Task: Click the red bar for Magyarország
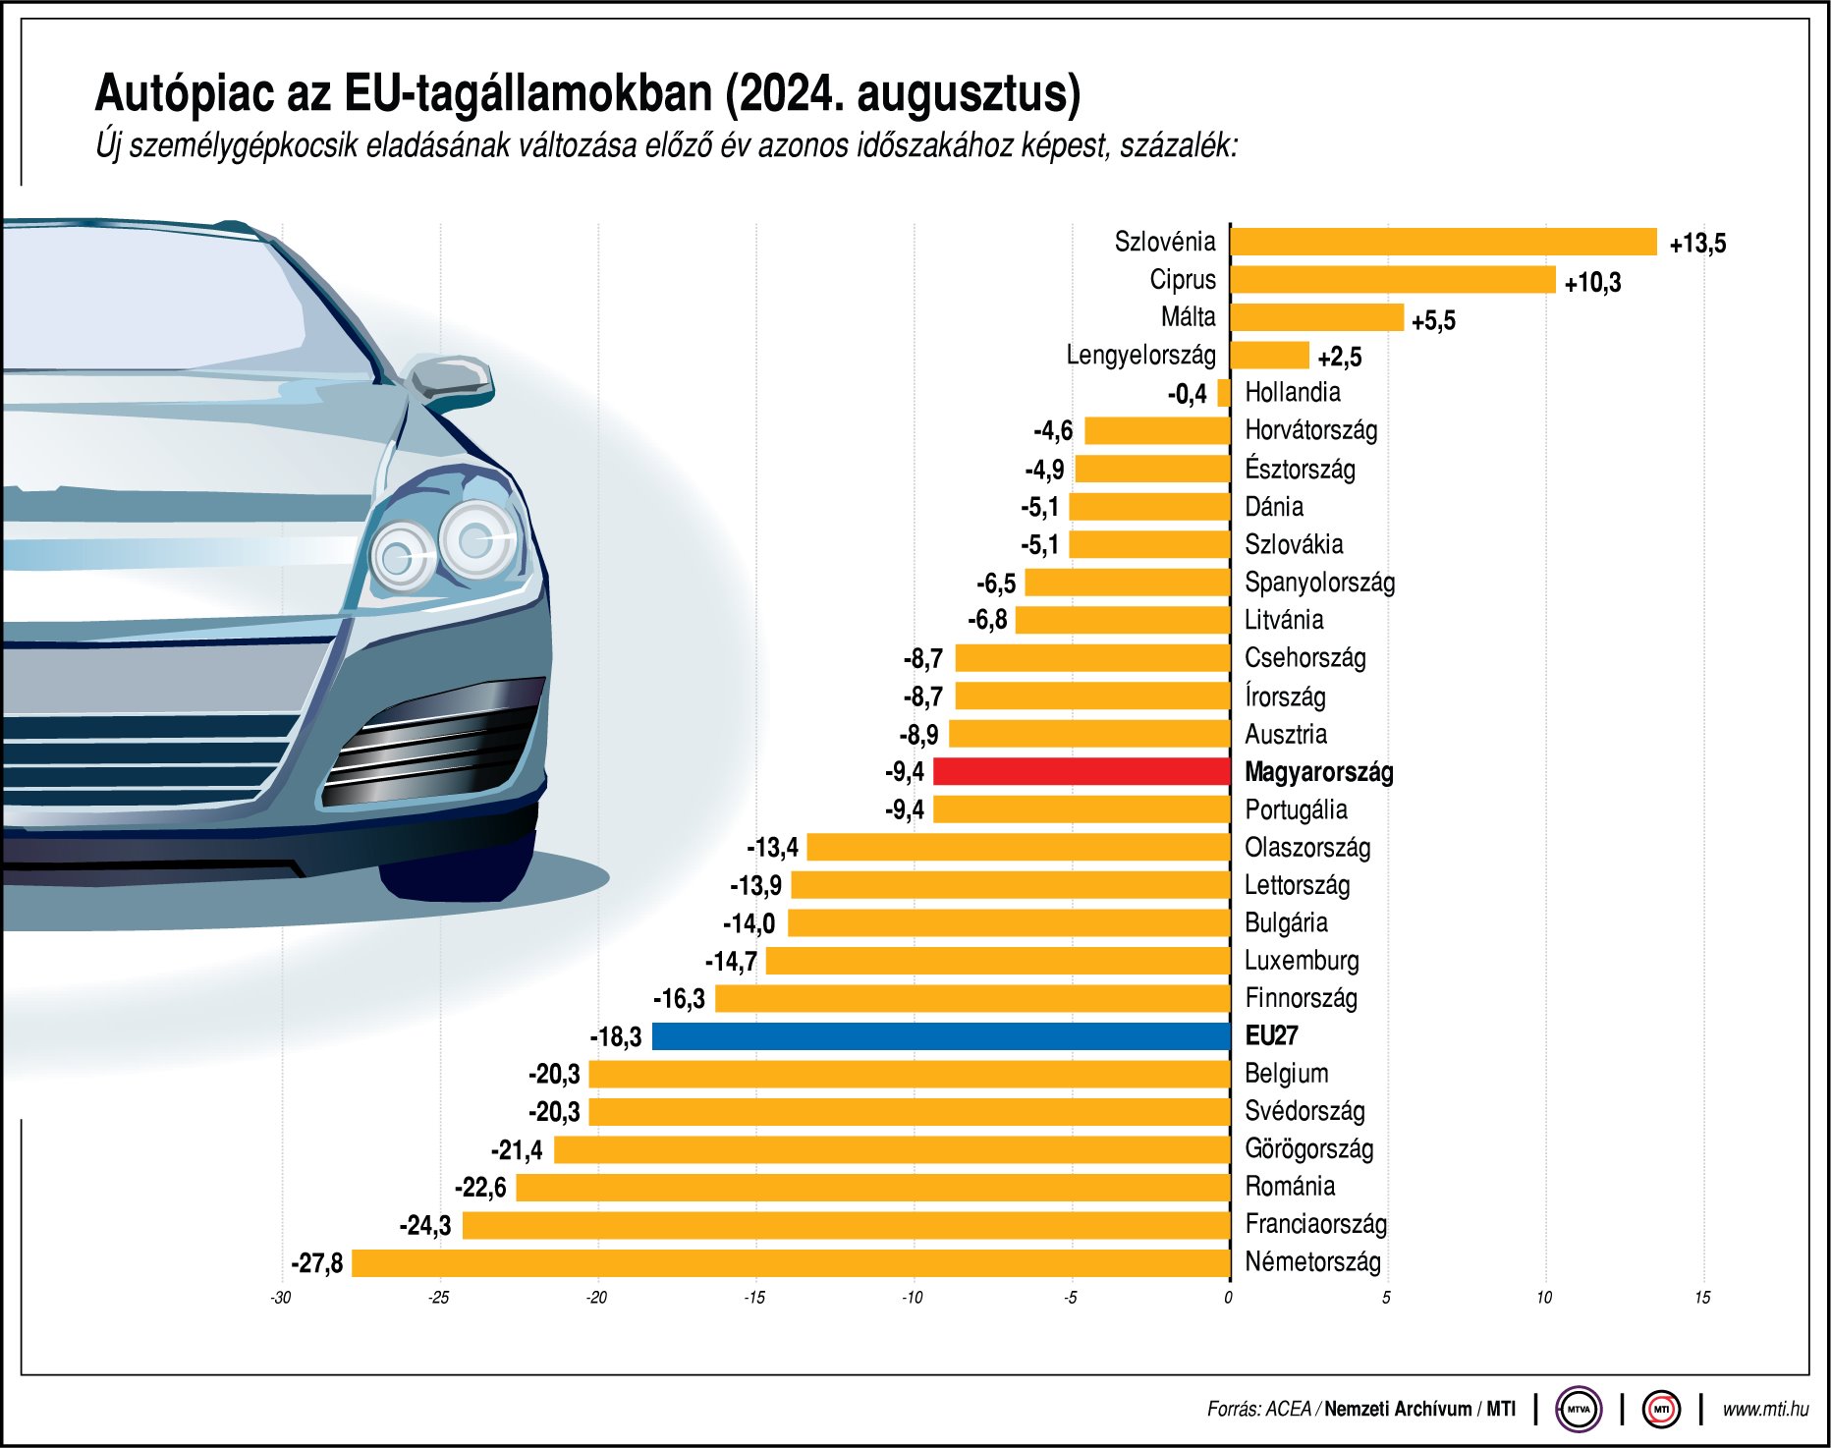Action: point(1081,771)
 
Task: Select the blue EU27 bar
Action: point(941,1036)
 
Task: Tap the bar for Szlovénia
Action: point(1442,242)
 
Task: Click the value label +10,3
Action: point(1592,283)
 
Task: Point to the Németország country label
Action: point(1312,1262)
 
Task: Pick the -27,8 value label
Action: point(317,1263)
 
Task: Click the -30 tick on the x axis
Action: point(281,1298)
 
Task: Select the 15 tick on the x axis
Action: point(1701,1298)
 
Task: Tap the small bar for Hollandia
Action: point(1223,393)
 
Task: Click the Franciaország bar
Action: point(846,1225)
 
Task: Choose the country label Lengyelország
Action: point(1140,355)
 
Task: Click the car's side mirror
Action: point(450,380)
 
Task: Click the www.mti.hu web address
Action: point(1764,1410)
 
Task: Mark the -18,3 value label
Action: point(616,1037)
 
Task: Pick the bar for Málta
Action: point(1316,317)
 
